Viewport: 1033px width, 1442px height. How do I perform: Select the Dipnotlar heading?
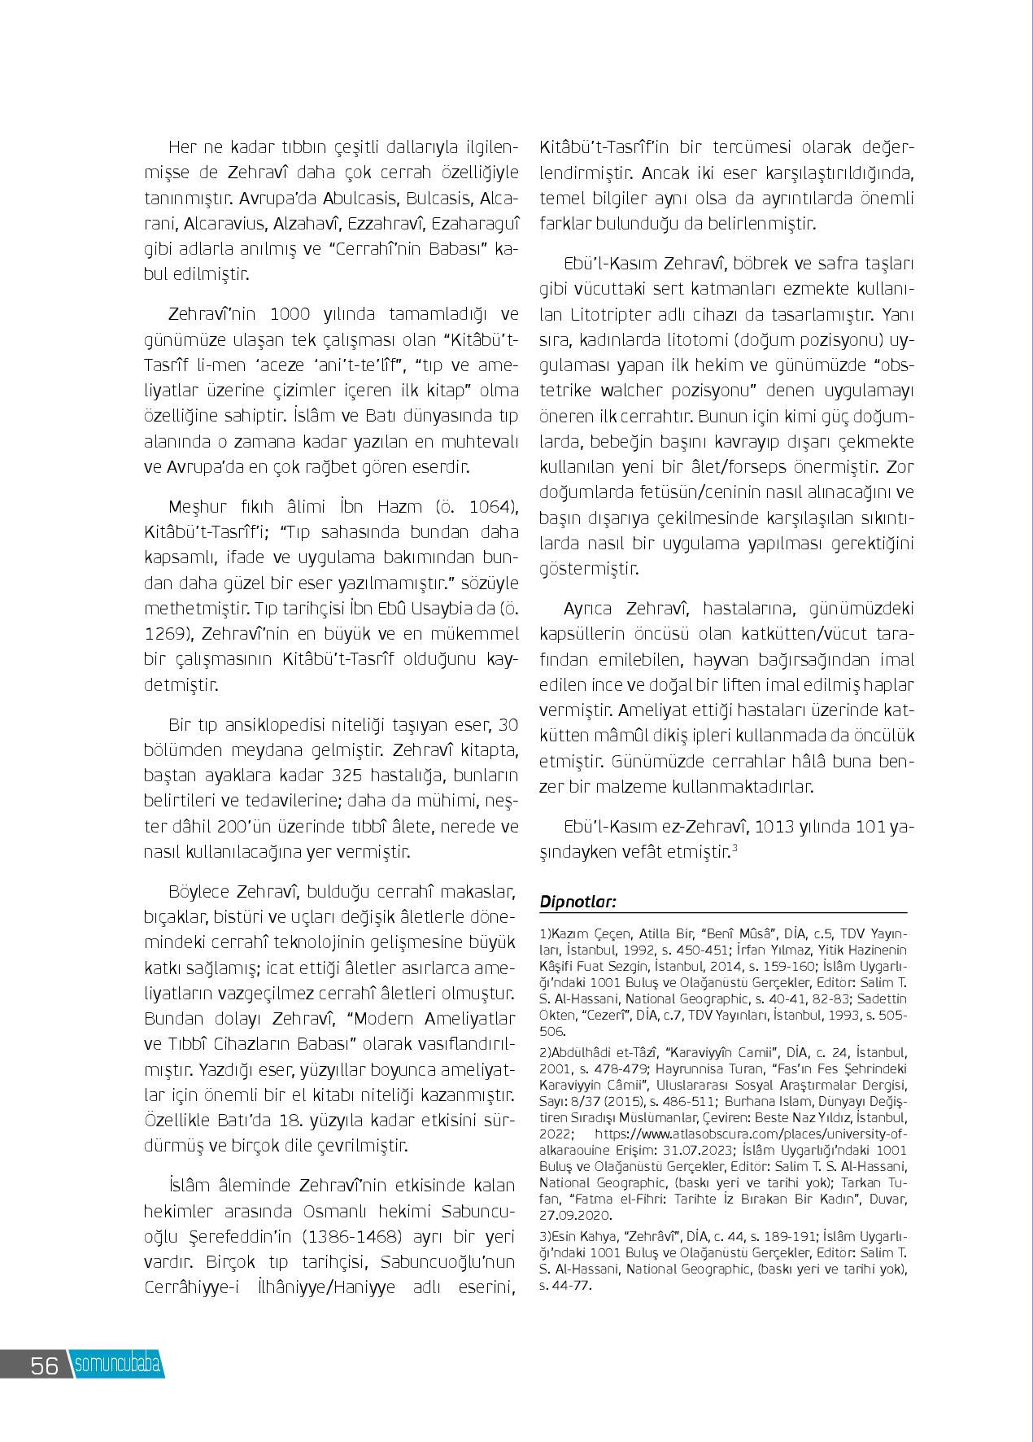point(578,902)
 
